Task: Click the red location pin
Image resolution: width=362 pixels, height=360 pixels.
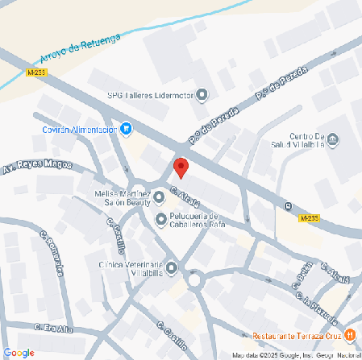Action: tap(181, 168)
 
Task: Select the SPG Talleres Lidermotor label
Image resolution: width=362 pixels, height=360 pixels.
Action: tap(151, 95)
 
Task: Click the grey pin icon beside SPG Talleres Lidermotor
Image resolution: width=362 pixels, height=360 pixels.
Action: tap(202, 95)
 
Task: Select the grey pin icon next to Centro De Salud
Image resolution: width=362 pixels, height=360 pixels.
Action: tap(334, 140)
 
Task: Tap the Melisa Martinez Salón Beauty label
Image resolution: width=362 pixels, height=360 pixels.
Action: tap(123, 199)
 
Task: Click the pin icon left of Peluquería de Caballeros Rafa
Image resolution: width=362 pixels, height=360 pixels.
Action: tap(160, 218)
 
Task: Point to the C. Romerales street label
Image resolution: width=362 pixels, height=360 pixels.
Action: tap(52, 254)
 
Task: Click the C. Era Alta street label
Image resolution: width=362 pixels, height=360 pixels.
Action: tap(54, 328)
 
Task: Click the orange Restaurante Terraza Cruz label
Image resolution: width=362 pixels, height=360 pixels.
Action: tap(296, 335)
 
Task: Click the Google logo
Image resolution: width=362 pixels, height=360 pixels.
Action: tap(18, 352)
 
